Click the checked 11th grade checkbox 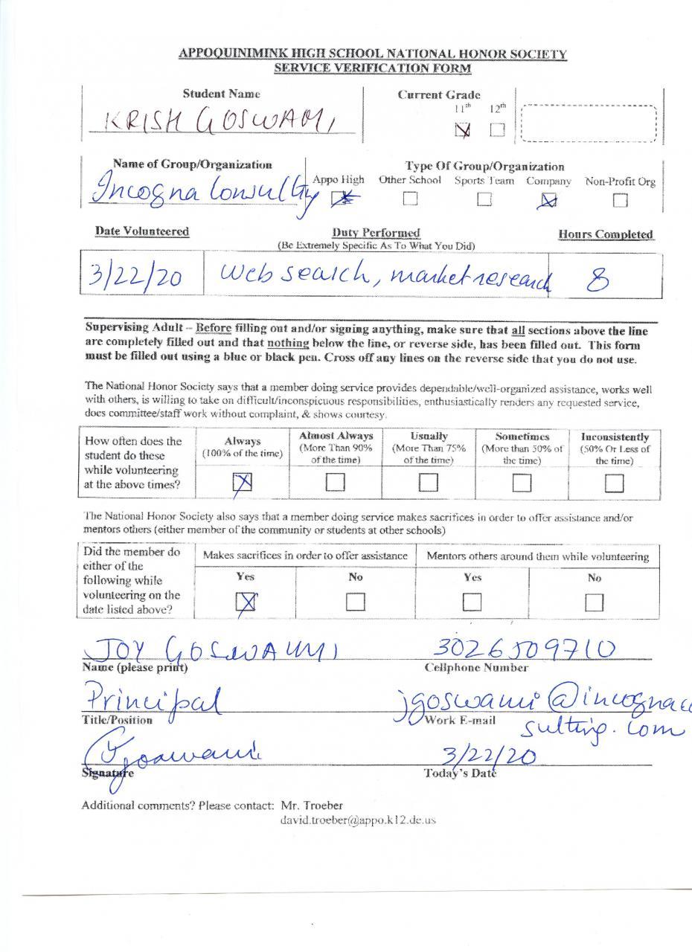click(x=463, y=130)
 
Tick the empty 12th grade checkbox click(x=497, y=130)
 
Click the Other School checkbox click(x=410, y=199)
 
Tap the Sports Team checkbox click(x=484, y=199)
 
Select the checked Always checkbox click(x=243, y=483)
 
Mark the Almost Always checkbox click(x=335, y=483)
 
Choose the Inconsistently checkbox click(x=614, y=483)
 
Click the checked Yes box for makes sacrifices click(x=246, y=602)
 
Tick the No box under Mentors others click(x=594, y=602)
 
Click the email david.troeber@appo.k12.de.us click(x=357, y=820)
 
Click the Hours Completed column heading click(x=606, y=234)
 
